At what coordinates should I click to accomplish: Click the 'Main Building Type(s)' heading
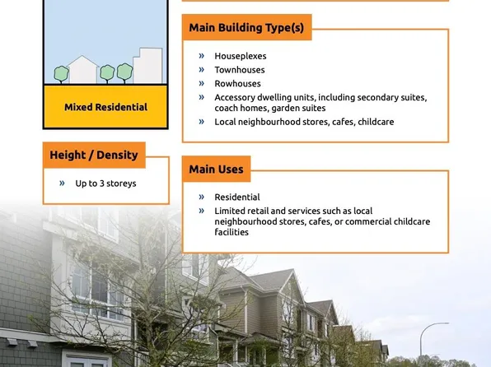click(x=246, y=28)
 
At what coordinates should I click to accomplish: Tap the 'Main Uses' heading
click(x=216, y=170)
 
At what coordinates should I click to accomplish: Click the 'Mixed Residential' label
click(x=105, y=107)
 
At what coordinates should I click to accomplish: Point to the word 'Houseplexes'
click(x=241, y=56)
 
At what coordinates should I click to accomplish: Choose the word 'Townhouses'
click(x=240, y=70)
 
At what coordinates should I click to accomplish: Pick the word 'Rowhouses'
click(x=237, y=83)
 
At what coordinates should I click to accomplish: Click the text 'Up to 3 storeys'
click(x=105, y=183)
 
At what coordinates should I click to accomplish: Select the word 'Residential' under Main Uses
click(x=237, y=197)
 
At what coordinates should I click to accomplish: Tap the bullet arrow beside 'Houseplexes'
click(x=202, y=56)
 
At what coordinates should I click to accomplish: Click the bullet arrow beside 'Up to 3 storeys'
click(x=62, y=183)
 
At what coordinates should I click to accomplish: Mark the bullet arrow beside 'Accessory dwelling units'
click(x=202, y=97)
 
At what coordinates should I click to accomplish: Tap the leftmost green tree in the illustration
click(x=61, y=74)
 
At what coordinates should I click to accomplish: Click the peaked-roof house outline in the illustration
click(x=83, y=69)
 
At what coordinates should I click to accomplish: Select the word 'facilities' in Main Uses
click(x=232, y=232)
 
